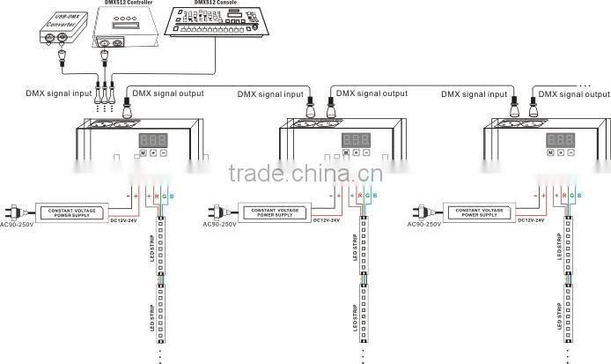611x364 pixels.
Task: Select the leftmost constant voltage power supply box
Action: click(73, 212)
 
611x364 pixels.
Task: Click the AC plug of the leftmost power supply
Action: click(16, 212)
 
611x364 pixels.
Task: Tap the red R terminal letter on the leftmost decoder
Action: click(156, 194)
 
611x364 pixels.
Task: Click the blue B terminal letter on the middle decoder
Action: click(374, 194)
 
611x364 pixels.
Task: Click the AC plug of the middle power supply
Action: click(217, 212)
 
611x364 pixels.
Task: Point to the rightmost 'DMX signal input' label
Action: click(475, 93)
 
